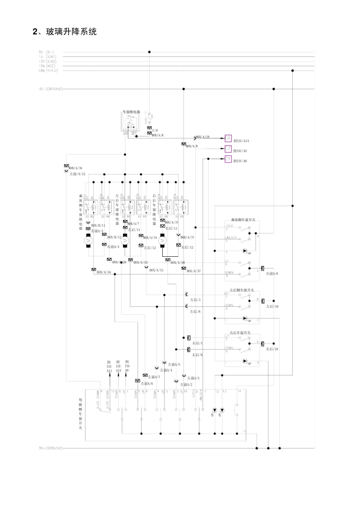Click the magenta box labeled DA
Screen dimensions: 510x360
click(228, 138)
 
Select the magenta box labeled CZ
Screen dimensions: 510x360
click(228, 149)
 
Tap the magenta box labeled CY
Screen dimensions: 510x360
click(228, 159)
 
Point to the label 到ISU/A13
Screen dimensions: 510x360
click(241, 141)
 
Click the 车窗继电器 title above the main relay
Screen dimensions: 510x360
click(131, 112)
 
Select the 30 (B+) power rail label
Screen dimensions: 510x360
click(46, 52)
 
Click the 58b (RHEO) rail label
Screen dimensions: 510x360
click(48, 70)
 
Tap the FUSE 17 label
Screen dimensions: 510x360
click(146, 118)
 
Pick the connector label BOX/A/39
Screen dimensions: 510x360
click(202, 137)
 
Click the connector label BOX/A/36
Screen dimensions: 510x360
click(75, 168)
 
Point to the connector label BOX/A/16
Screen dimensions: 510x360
click(104, 272)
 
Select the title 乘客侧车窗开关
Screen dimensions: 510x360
click(243, 220)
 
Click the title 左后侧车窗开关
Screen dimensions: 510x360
click(242, 290)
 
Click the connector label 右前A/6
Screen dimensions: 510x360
click(272, 273)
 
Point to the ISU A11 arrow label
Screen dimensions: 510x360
click(109, 366)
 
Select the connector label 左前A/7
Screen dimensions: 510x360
click(154, 377)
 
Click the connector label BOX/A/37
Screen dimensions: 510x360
click(194, 271)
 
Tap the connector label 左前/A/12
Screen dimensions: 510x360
click(77, 174)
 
